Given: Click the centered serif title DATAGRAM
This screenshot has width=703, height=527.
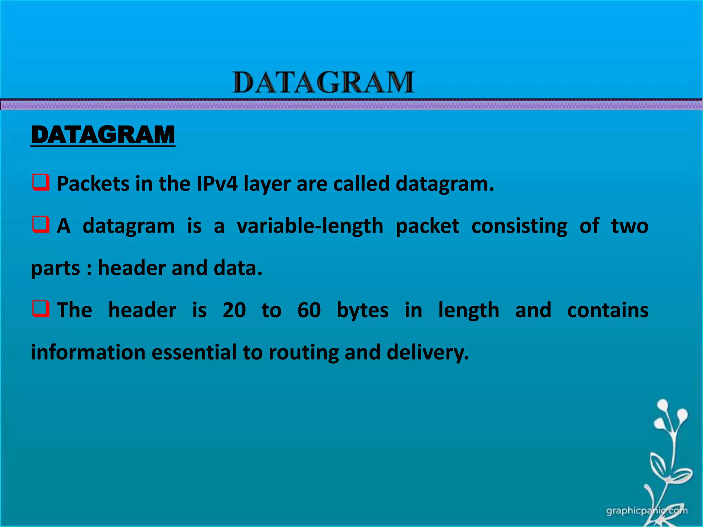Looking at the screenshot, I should (323, 83).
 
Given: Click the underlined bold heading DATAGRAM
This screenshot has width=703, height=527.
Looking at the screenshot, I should (103, 135).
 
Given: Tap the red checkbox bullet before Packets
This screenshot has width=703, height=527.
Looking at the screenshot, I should (41, 182).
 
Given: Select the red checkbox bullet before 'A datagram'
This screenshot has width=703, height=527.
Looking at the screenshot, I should (41, 224).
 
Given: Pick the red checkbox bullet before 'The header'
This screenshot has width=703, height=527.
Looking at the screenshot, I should (41, 308).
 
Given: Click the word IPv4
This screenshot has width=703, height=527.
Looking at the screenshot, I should (217, 184).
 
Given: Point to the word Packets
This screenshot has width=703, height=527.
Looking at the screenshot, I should (93, 184).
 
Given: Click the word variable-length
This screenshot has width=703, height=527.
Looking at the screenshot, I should (310, 226).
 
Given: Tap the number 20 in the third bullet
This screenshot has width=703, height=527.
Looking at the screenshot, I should (234, 310).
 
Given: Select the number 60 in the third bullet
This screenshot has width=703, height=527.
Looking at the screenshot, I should (309, 310).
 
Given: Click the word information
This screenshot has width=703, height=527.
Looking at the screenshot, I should (88, 352).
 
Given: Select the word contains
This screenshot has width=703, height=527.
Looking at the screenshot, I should (608, 310).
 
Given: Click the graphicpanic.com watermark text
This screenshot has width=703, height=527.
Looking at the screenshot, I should (647, 511).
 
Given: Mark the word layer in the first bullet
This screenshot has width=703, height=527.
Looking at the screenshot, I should (267, 184).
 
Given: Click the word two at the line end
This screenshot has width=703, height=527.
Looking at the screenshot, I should (630, 226).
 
